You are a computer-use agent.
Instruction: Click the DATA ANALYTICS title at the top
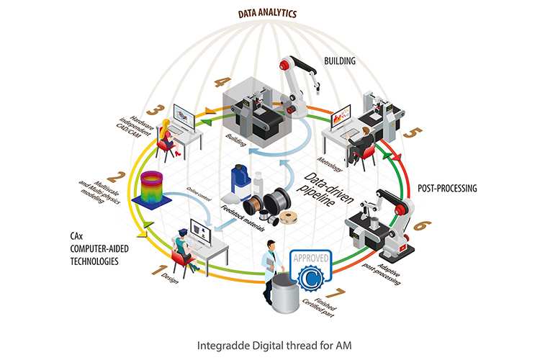coord(267,14)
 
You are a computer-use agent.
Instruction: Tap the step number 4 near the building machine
coord(222,82)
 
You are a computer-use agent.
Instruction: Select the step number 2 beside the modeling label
coord(117,177)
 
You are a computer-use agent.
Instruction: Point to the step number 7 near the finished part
coord(336,294)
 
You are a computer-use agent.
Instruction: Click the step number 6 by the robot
coord(420,226)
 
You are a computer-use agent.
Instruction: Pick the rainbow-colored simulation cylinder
coord(151,189)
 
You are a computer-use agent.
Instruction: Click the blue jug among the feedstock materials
coord(240,183)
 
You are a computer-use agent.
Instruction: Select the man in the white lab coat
coord(271,271)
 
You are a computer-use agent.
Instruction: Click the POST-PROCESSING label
coord(447,188)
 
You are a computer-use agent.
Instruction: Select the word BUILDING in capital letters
coord(340,61)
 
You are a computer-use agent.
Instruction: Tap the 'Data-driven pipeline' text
coord(323,189)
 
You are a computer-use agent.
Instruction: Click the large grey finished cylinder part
coord(286,294)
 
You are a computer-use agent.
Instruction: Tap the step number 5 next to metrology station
coord(413,132)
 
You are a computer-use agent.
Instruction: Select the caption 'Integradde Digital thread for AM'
coord(274,346)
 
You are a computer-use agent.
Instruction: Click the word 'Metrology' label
coord(330,164)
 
